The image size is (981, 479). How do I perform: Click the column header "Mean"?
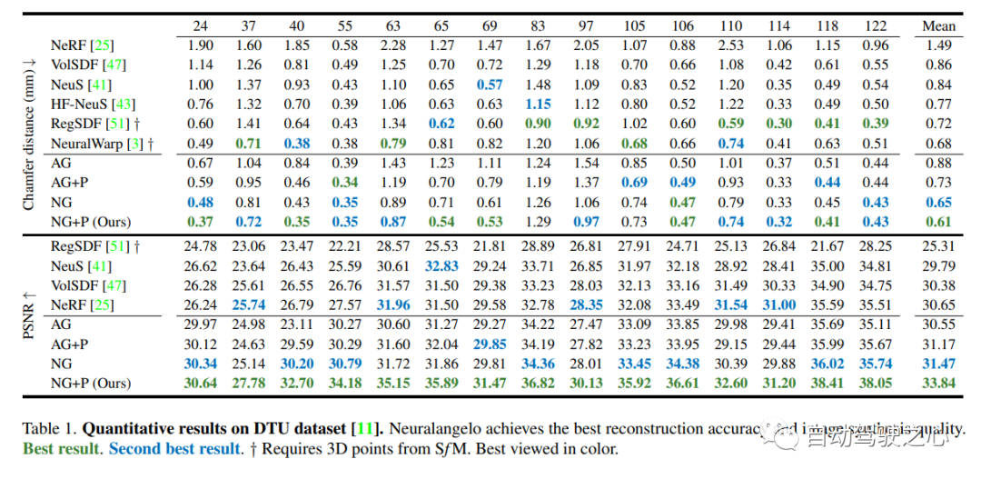pyautogui.click(x=938, y=26)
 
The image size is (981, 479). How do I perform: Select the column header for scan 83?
pyautogui.click(x=540, y=26)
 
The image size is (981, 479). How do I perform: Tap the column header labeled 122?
pyautogui.click(x=876, y=26)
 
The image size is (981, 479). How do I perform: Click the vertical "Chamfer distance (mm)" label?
pyautogui.click(x=29, y=133)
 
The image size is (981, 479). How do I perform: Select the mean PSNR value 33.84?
pyautogui.click(x=938, y=384)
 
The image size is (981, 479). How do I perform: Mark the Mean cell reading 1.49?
pyautogui.click(x=938, y=45)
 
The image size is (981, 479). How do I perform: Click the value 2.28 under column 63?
pyautogui.click(x=393, y=45)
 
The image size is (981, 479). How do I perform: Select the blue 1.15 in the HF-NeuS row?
pyautogui.click(x=540, y=104)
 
